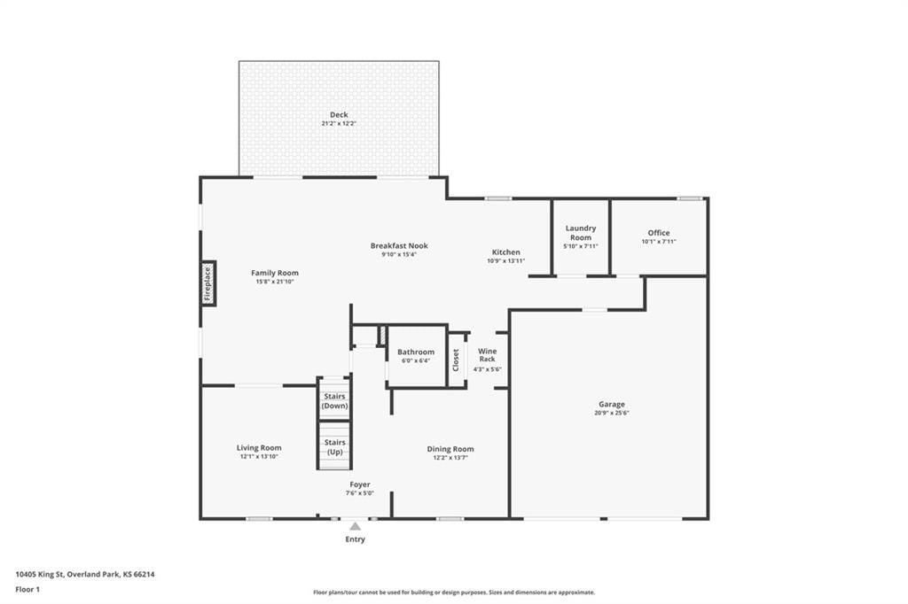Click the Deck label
tap(339, 114)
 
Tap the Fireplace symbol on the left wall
tap(207, 283)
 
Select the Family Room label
tap(275, 273)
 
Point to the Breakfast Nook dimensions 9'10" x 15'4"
tap(399, 254)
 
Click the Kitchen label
tap(506, 252)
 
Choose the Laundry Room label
tap(581, 233)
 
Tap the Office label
tap(659, 233)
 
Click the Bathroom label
tap(416, 352)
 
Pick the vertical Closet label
tap(456, 360)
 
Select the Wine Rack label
tap(488, 354)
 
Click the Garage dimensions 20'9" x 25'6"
tap(612, 413)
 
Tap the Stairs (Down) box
tap(334, 399)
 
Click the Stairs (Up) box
tap(334, 445)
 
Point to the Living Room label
tap(259, 448)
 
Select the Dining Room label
tap(450, 449)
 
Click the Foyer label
tap(360, 484)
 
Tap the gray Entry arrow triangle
tap(355, 526)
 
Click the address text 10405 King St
tap(39, 575)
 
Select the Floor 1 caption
tap(27, 590)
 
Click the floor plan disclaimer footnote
tap(454, 592)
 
